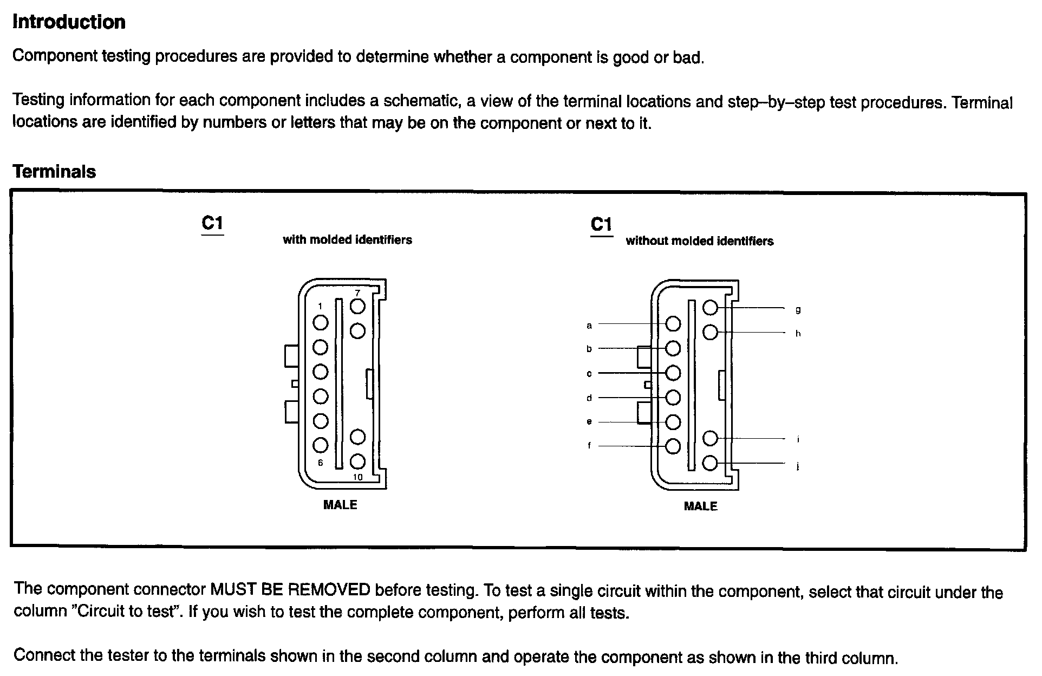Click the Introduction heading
coord(69,22)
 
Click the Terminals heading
coord(54,172)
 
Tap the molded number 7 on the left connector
coord(357,293)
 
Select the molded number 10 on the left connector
coord(357,477)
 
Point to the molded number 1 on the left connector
coord(321,307)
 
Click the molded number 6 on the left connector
coord(321,463)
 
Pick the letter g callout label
coord(798,310)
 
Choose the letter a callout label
coord(589,326)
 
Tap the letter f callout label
coord(589,446)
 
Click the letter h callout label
coord(798,334)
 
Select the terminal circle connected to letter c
coord(673,373)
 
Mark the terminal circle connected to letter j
coord(710,463)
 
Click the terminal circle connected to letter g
coord(710,308)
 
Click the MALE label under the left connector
coord(340,505)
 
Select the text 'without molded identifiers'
coord(700,241)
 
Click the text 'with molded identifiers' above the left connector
coord(347,240)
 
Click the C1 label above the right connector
coord(601,224)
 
